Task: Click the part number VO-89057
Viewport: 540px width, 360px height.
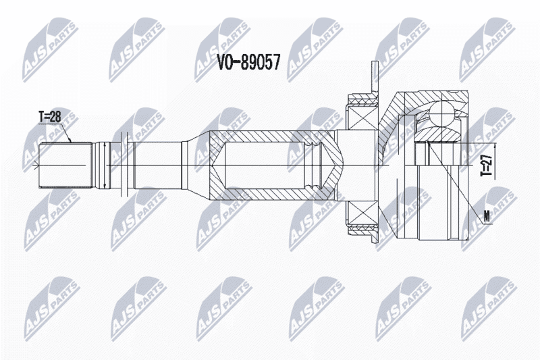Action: coord(248,62)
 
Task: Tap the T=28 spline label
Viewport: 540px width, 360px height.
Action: coord(49,117)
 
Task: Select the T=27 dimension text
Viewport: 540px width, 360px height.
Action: coord(486,165)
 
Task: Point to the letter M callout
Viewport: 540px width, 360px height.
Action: coord(487,217)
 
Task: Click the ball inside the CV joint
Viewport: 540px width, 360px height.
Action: coord(442,113)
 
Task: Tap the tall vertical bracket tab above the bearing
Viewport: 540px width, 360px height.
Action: coord(375,78)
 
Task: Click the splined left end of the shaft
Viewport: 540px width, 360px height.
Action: coord(65,165)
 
